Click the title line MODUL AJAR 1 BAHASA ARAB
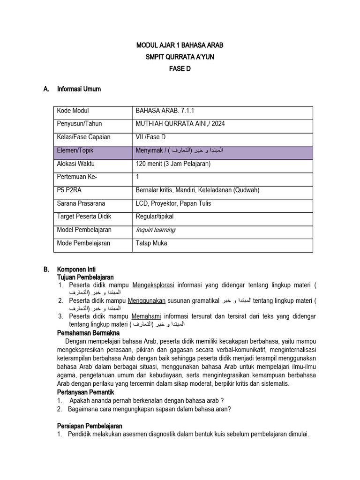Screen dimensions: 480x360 point(180,45)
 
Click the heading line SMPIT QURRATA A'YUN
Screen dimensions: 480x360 point(180,57)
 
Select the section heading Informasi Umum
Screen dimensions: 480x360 point(79,89)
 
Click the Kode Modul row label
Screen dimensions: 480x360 point(73,111)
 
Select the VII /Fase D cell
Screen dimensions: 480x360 point(150,137)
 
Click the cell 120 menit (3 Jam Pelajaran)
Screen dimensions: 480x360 point(173,164)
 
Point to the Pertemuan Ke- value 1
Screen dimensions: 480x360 point(137,177)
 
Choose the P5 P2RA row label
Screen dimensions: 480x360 point(71,190)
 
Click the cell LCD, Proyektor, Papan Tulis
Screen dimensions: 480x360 point(173,203)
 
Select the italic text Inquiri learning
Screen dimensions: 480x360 point(155,230)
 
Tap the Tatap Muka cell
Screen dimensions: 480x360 point(151,243)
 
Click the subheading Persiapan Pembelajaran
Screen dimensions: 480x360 point(90,426)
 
